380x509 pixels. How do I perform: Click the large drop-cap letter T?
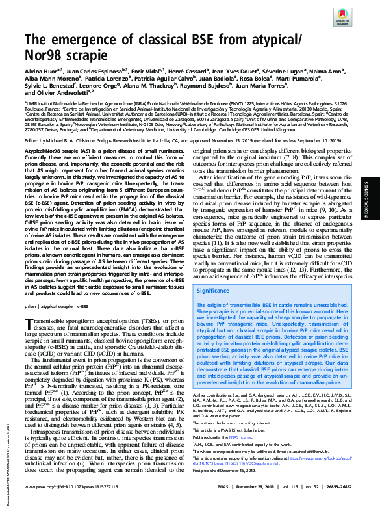pos(29,326)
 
